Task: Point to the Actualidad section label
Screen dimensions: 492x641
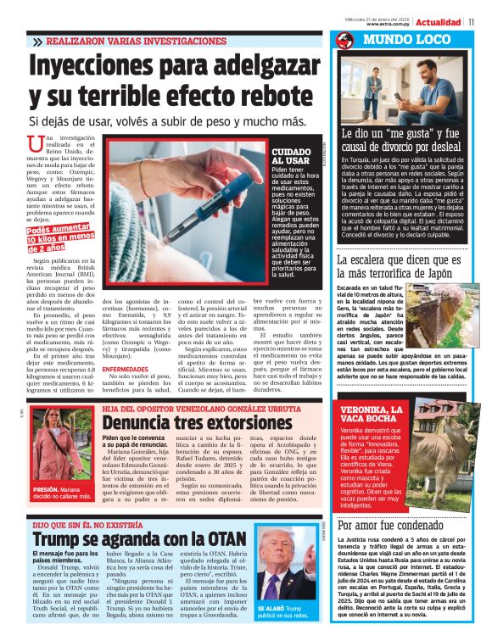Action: click(439, 21)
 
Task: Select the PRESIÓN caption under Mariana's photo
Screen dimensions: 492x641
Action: click(45, 490)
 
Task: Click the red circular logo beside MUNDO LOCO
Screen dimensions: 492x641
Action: click(344, 40)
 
